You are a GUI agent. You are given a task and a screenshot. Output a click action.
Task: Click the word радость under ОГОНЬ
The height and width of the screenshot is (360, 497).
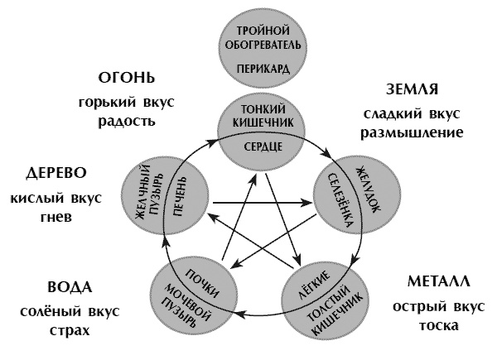tap(128, 120)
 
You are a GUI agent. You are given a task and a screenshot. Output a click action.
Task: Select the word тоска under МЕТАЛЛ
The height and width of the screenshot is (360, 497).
tap(436, 324)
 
